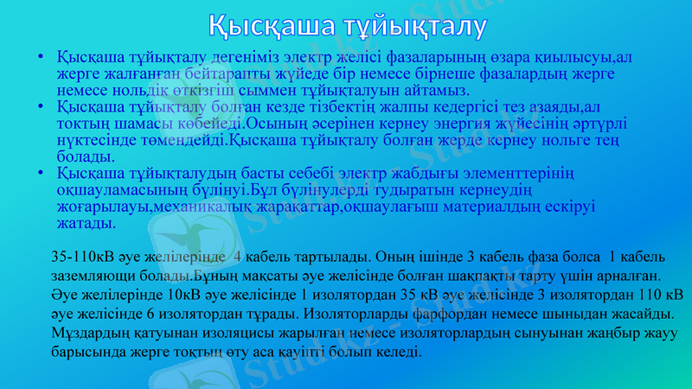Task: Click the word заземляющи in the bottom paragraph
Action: click(x=92, y=277)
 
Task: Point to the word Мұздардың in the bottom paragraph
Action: click(x=89, y=334)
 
